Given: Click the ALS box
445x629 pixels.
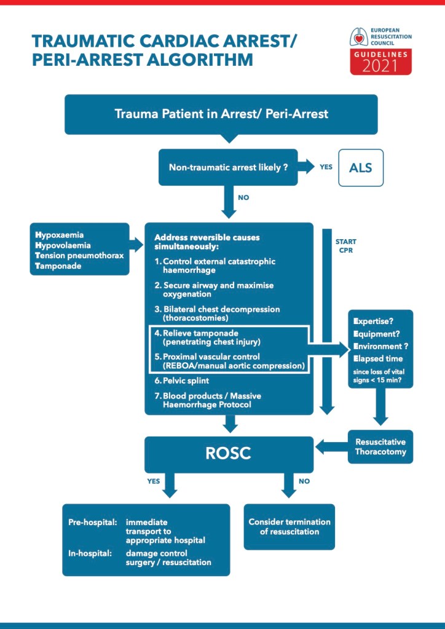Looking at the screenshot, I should (x=360, y=167).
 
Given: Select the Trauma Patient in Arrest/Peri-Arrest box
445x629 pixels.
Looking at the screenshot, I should (x=221, y=114).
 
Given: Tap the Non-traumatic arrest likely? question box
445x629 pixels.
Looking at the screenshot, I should (x=228, y=167).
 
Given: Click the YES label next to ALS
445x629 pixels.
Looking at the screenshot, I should (x=326, y=167).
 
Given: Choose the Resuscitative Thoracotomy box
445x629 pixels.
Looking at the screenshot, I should (x=380, y=447).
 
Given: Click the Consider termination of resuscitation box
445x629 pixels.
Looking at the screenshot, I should (x=289, y=526).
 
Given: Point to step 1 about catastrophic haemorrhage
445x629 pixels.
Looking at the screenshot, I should (x=215, y=266).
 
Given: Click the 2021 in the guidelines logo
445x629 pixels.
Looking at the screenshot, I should (x=380, y=66).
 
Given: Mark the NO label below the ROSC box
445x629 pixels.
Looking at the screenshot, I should (x=304, y=481).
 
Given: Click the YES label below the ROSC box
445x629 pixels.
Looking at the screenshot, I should (x=153, y=481).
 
